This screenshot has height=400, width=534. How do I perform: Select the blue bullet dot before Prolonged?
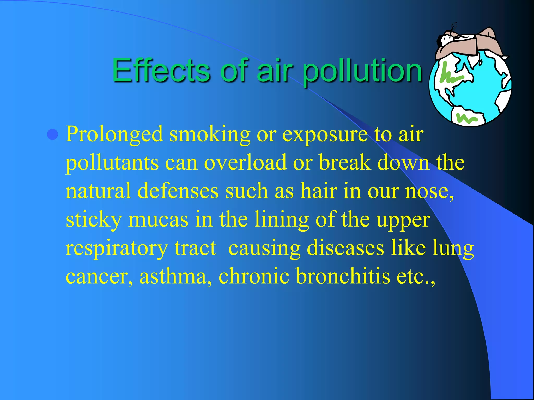[53, 134]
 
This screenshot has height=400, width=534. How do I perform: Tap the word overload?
[245, 162]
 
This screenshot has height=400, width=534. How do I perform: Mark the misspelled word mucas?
[158, 219]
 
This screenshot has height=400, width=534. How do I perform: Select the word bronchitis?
[343, 276]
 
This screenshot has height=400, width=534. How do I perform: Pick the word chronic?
[254, 276]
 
